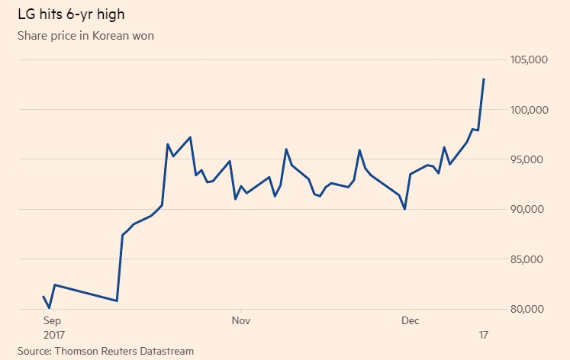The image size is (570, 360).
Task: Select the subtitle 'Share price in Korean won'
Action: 85,35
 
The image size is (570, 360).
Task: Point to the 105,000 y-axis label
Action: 529,60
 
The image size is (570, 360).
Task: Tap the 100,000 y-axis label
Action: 529,110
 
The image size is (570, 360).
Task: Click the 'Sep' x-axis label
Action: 53,321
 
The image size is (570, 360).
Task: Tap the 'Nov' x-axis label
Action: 240,321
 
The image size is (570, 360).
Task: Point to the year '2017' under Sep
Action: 55,336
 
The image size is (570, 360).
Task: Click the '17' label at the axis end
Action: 483,336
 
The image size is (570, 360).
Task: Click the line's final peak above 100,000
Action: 484,79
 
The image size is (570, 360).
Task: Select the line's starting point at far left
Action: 43,296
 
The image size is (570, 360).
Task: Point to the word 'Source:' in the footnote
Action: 34,351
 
